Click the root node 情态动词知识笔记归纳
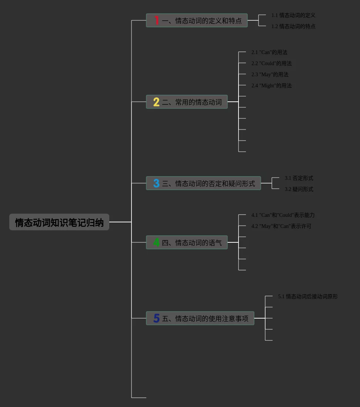[x=59, y=222]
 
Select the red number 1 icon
[x=157, y=20]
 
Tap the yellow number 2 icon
[x=156, y=102]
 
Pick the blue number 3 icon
[x=156, y=183]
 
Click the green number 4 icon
[x=156, y=242]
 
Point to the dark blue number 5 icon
[x=156, y=318]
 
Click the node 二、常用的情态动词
[x=191, y=102]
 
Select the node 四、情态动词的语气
[x=191, y=242]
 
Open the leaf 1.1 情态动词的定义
[x=293, y=15]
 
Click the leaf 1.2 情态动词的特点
[x=293, y=26]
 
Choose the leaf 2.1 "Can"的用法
[x=269, y=52]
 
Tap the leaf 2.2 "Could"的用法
[x=271, y=63]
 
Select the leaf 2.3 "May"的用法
[x=270, y=74]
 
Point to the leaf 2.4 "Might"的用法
[x=271, y=85]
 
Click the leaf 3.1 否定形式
[x=299, y=178]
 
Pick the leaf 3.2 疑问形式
[x=299, y=189]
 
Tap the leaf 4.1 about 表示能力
[x=283, y=215]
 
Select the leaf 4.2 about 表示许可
[x=281, y=226]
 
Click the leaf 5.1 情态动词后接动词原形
[x=308, y=296]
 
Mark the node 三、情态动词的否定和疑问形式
[x=208, y=183]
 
